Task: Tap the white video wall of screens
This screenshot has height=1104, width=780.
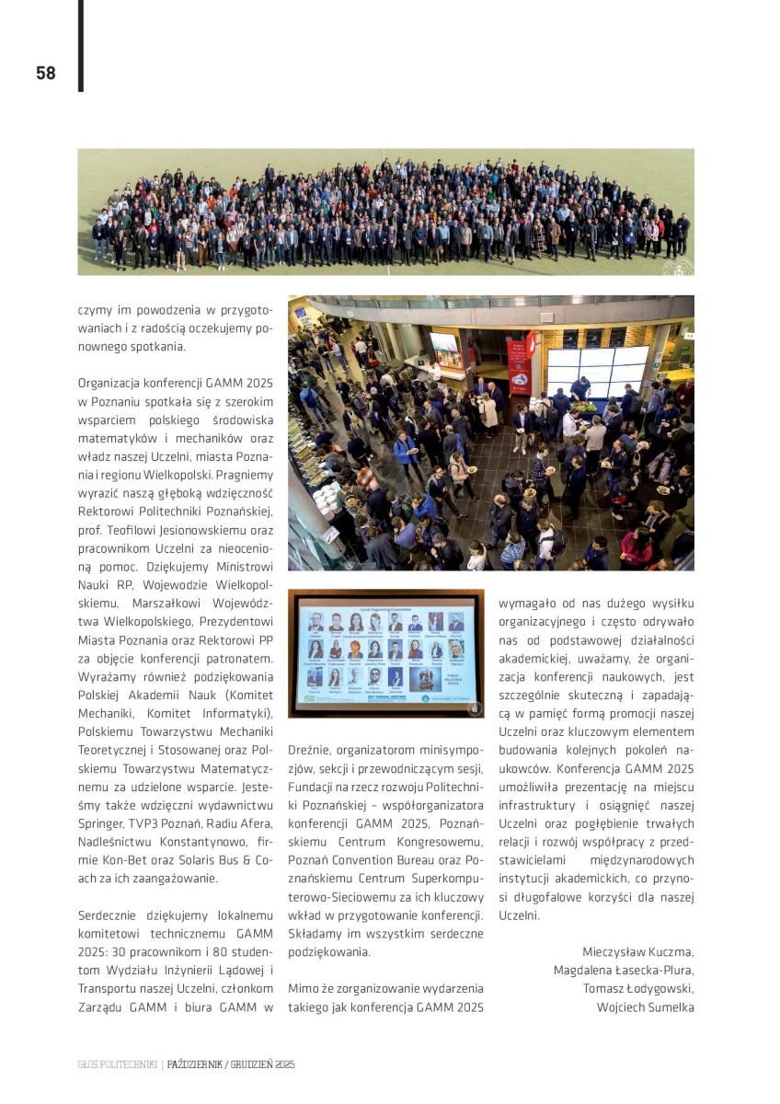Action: (x=598, y=368)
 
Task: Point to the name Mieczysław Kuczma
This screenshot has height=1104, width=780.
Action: (x=638, y=951)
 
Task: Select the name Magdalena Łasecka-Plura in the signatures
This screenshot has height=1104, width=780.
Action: (x=624, y=970)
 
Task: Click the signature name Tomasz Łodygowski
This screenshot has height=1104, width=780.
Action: (x=638, y=988)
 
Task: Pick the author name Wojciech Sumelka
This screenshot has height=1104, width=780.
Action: (x=645, y=1006)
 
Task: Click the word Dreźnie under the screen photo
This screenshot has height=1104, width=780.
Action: (x=309, y=750)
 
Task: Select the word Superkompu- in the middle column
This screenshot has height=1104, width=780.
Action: (x=444, y=878)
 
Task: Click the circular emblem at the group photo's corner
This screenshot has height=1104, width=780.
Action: (x=678, y=266)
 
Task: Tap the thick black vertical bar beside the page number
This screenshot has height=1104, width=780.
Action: (x=81, y=46)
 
